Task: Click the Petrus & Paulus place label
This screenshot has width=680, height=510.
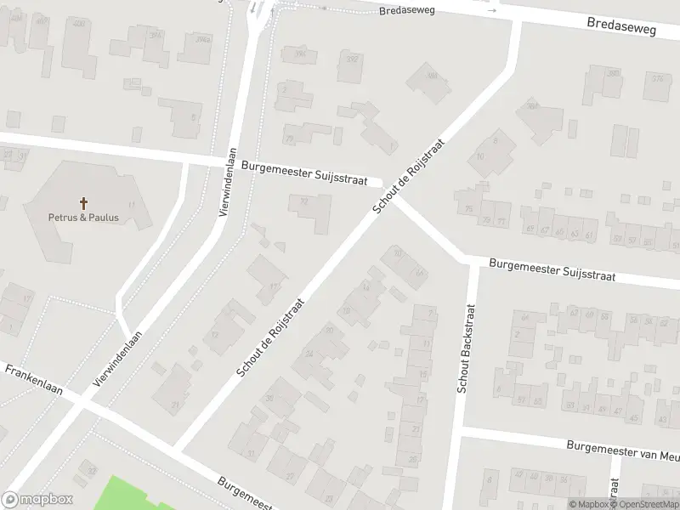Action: coord(83,217)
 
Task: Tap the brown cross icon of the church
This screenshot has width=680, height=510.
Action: coord(83,203)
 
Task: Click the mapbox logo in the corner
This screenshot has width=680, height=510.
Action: coord(37,499)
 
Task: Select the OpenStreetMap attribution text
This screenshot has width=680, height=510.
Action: coord(644,504)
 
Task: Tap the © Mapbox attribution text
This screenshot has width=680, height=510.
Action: coord(587,504)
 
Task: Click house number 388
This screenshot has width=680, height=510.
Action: coord(433,75)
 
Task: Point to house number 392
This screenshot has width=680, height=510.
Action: coord(352,59)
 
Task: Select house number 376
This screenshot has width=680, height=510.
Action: coord(657,78)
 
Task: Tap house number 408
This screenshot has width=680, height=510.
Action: coord(78,23)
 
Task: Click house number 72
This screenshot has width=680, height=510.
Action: coord(303,201)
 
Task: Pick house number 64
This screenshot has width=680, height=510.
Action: coord(524,318)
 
